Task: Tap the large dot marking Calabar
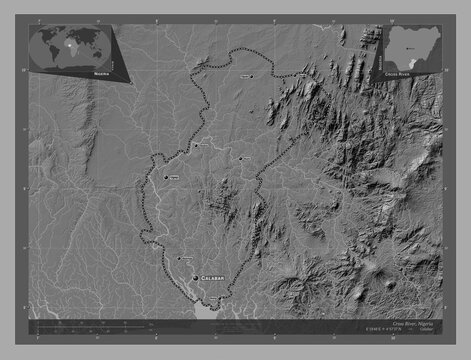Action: click(195, 279)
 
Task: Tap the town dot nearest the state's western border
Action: click(165, 177)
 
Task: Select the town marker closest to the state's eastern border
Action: click(240, 158)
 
